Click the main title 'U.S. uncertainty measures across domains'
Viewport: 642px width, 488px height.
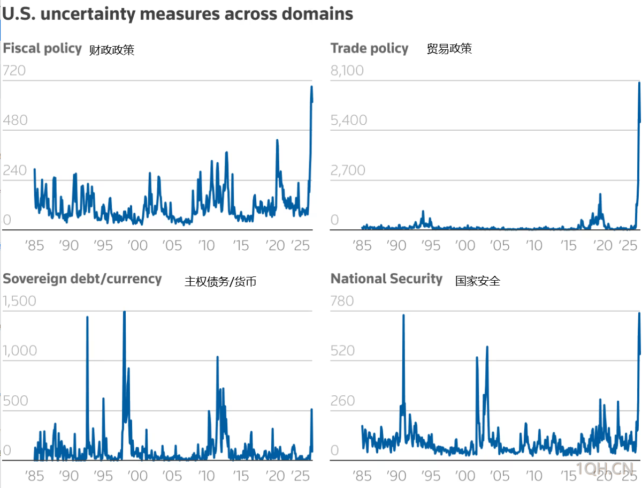178,14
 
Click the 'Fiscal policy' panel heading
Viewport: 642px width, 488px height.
42,48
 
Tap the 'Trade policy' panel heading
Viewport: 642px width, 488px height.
369,48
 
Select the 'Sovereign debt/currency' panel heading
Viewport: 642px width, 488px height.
82,279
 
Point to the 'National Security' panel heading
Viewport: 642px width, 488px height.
386,279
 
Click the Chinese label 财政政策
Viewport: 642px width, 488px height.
112,50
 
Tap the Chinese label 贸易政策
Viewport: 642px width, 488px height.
449,49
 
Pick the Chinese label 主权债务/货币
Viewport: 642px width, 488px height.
220,281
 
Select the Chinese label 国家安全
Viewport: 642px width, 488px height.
478,281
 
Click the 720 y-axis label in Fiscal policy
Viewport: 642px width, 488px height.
14,70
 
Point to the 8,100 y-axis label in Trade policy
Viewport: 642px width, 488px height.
347,70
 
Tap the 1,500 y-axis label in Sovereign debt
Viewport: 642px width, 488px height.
20,301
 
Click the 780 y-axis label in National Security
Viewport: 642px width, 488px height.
342,301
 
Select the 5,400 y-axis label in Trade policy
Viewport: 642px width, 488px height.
349,120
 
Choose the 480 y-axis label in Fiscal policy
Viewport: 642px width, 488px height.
15,120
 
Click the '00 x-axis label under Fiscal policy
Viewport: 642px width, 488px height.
138,246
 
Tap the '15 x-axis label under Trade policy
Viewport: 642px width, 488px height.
569,246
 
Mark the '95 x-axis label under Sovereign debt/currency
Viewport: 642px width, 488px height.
103,476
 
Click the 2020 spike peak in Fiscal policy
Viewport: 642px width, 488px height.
277,140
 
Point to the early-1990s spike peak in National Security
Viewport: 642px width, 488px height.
403,316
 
